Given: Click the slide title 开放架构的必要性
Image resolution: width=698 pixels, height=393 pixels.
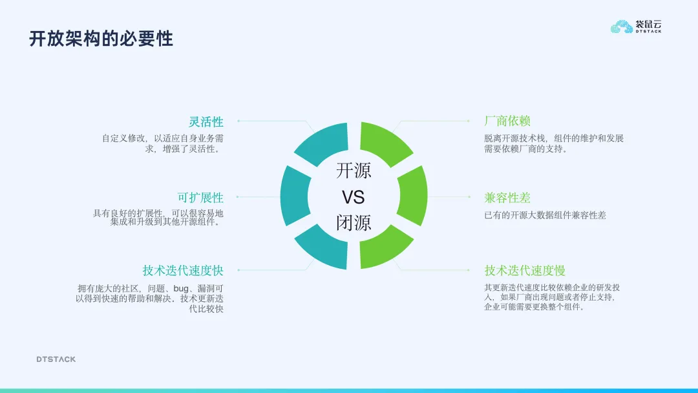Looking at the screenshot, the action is (101, 39).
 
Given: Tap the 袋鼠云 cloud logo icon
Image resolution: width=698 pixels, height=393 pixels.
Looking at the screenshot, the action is (622, 27).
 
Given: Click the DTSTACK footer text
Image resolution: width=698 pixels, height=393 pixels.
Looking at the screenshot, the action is (56, 359).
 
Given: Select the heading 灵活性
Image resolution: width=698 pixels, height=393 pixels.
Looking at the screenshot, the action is (206, 122).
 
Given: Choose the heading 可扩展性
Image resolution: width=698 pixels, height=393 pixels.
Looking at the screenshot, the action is (200, 197).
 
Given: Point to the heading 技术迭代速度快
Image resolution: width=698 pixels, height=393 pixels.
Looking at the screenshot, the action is (183, 270).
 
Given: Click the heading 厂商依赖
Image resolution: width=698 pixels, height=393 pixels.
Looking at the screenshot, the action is (507, 121).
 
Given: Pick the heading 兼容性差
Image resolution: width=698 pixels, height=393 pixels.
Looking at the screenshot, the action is (507, 197).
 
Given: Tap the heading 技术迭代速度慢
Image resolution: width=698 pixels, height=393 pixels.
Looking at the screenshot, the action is (525, 270).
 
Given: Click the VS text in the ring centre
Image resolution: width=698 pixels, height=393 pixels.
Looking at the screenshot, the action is (354, 197).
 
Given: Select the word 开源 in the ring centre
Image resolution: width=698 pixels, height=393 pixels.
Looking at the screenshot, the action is (354, 171).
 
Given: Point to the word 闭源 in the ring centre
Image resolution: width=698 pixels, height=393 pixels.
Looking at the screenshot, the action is (354, 222).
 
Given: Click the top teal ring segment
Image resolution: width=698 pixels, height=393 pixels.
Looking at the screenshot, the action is (324, 142).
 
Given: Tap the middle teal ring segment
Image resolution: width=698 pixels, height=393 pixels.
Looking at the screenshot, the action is (295, 196).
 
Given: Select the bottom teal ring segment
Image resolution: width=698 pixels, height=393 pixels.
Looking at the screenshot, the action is (324, 248).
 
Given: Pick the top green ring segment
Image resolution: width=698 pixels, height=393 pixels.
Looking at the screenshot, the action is (384, 142).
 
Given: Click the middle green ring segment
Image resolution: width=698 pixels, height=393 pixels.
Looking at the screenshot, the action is (413, 196).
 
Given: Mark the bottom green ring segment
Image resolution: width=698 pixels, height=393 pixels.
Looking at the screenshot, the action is (384, 248).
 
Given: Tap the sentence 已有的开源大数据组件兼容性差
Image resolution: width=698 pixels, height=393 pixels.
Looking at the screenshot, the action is (545, 215).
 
